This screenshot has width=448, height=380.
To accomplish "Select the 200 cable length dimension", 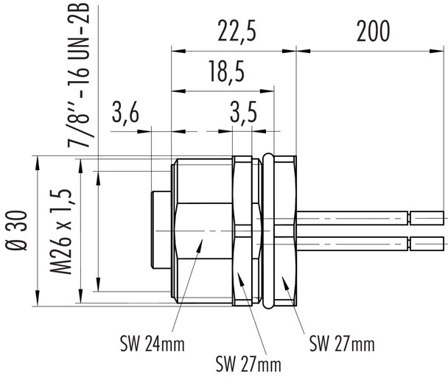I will click(371, 32).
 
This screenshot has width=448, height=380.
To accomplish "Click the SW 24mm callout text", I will click(152, 343).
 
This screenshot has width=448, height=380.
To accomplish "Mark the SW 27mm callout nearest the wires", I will click(341, 343).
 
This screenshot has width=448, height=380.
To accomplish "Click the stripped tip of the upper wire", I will click(428, 218).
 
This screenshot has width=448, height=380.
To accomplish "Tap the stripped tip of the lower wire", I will click(428, 242).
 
